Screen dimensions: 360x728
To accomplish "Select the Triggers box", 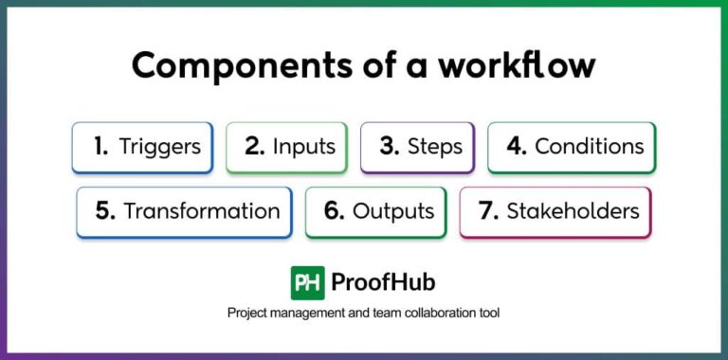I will pos(142,147).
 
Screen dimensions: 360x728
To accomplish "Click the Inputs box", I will pos(286,147).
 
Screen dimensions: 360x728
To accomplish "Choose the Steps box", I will pos(417,147).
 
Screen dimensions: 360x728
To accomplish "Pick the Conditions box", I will pos(572,147).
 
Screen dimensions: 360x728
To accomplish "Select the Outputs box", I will pos(376,211).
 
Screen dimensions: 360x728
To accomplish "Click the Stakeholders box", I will pos(555,211).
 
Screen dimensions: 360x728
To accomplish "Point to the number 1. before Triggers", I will pos(100,147).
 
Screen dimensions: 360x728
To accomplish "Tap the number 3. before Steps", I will pos(389,147).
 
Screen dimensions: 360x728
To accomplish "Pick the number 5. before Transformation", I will pos(106,211).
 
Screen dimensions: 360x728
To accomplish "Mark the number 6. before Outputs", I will pos(334,211).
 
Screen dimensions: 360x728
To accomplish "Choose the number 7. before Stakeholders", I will pos(488,211).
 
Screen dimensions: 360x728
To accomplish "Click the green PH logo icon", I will pos(307,282).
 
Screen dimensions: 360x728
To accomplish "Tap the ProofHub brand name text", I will pos(383,282).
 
